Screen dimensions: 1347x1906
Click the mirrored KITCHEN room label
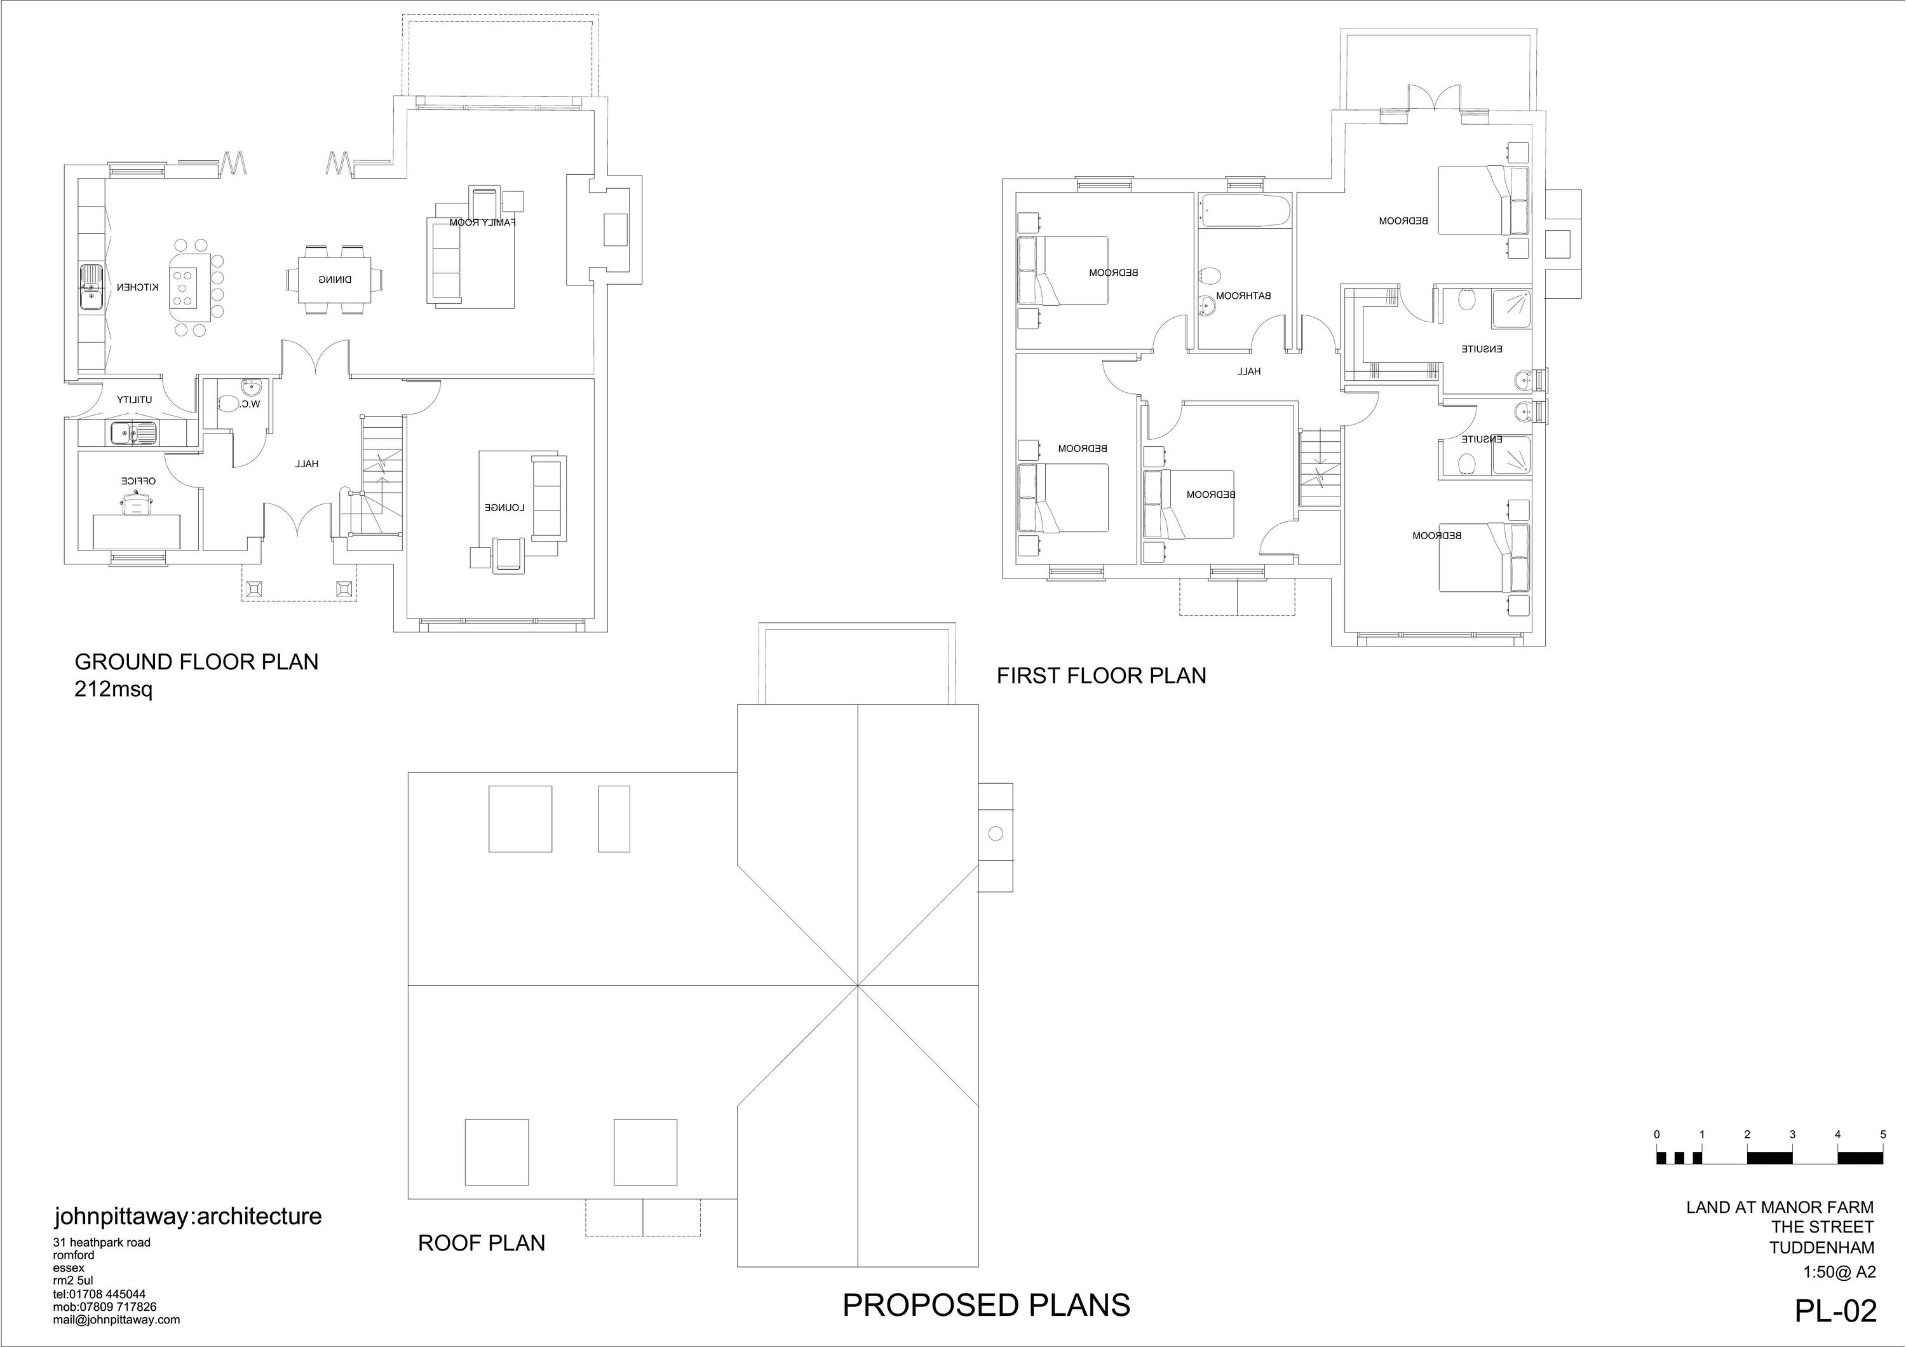137,287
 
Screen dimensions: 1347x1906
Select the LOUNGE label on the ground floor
504,507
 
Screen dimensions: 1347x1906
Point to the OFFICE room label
139,481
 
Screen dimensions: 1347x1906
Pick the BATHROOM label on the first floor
1243,296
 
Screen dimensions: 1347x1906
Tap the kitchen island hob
184,285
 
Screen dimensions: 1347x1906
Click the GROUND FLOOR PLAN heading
197,662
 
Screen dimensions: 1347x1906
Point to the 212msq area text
114,689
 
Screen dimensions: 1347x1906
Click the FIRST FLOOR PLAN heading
1101,676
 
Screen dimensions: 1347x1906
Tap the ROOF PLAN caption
482,1243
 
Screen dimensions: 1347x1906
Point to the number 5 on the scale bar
1882,1135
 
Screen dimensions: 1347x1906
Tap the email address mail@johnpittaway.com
116,1320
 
